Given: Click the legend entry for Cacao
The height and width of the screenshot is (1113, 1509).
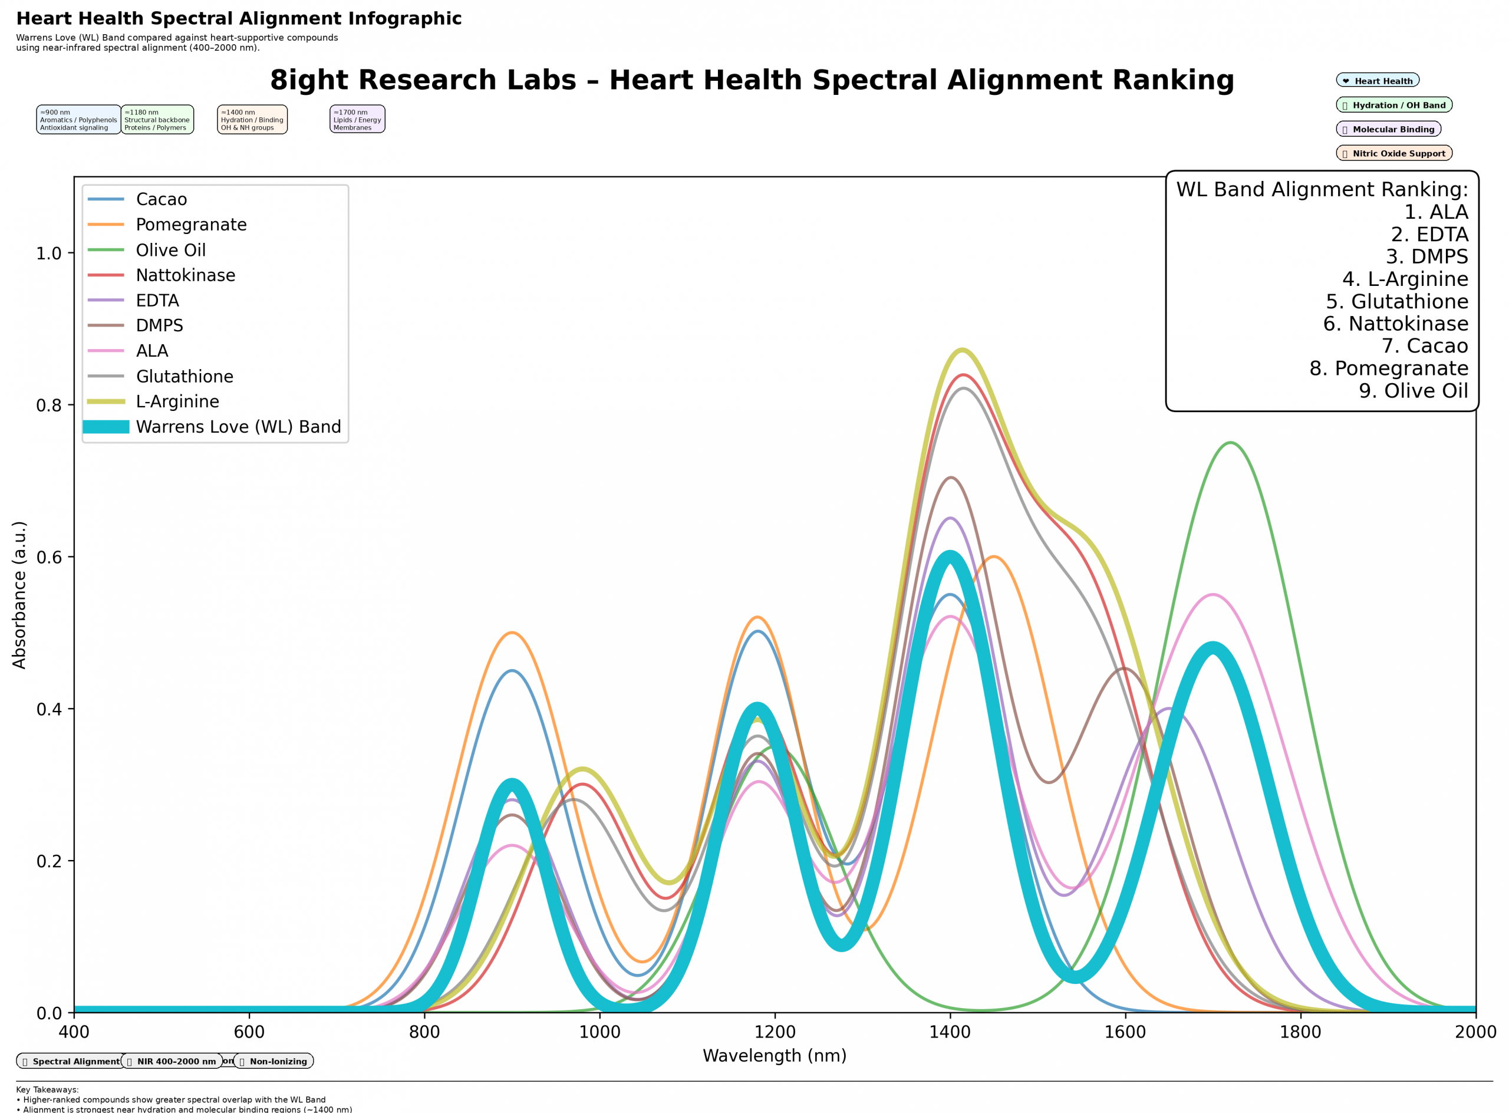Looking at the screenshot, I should pos(161,199).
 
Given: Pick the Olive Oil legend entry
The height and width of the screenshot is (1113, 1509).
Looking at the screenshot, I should pos(170,250).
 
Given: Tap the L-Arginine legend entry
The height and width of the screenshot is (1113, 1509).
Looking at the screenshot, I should pos(177,401).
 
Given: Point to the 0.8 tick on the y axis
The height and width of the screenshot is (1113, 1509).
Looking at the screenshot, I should pos(48,406).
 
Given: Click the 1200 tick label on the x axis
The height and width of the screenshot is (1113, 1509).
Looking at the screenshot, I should pos(775,1032).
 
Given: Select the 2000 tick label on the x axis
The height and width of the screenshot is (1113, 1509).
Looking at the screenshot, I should pos(1475,1032).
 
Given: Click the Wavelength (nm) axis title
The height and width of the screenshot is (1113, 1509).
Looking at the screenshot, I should pos(775,1056).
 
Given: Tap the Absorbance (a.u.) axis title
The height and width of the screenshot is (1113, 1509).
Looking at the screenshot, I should pos(19,595).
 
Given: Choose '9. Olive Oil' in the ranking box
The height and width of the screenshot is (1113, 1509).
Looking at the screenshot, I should pos(1413,391).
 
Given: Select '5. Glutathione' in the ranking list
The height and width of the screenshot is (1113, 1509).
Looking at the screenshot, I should pos(1396,301).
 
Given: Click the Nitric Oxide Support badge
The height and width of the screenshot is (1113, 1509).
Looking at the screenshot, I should pos(1394,154).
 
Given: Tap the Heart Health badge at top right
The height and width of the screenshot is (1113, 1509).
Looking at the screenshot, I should pos(1378,81).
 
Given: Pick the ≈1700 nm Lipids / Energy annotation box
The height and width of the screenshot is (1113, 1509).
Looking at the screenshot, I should pos(357,120).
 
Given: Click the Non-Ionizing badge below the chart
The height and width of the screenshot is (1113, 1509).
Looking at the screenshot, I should pos(274,1062).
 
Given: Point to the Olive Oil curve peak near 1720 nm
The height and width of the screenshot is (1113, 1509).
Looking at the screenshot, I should pos(1231,443).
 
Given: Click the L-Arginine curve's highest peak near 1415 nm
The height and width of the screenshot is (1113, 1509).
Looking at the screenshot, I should pos(963,350).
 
